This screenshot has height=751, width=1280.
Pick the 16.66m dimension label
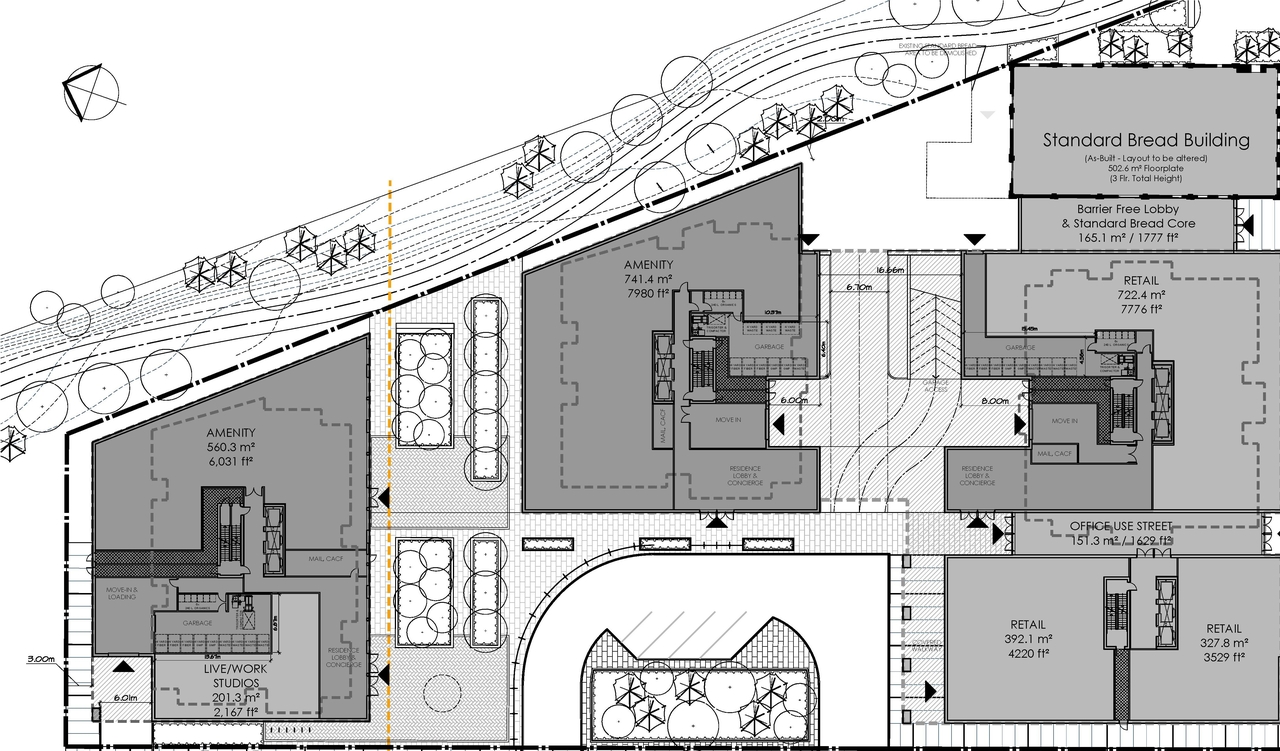(888, 270)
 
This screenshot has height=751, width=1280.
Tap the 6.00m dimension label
(792, 399)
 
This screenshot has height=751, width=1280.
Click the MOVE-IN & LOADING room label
(121, 594)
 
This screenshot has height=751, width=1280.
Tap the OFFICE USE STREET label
(1121, 526)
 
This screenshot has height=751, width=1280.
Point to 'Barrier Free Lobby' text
(1124, 209)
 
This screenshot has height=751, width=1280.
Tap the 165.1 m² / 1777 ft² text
(1126, 238)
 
